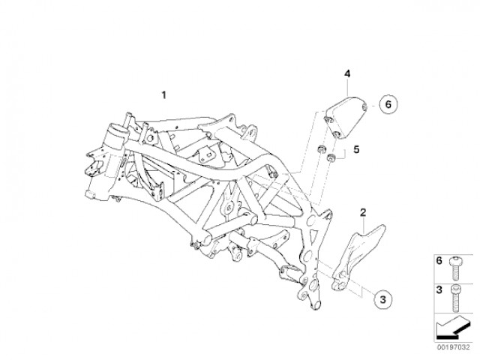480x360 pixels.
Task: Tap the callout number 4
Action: click(x=347, y=73)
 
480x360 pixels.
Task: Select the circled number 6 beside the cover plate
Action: click(x=388, y=106)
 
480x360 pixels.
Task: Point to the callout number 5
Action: click(x=356, y=149)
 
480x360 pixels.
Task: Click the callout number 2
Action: click(x=362, y=212)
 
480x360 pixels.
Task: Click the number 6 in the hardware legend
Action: click(x=438, y=261)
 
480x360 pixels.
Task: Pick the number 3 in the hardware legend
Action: click(x=438, y=289)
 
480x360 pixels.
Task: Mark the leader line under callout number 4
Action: click(x=347, y=84)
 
